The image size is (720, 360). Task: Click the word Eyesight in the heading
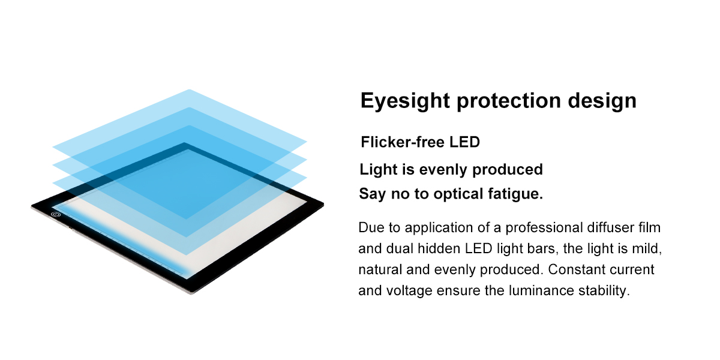point(405,101)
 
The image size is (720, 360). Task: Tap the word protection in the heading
point(509,101)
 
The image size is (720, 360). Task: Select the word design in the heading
point(602,101)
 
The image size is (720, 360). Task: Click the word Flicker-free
point(403,142)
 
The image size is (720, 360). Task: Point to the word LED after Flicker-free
point(465,142)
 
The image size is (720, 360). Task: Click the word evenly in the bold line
point(443,170)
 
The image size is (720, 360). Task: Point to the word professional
point(544,228)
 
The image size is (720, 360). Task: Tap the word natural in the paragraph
point(380,269)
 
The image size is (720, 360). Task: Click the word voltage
point(409,291)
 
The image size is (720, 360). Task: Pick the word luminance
point(541,290)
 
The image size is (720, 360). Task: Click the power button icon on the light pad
point(56,214)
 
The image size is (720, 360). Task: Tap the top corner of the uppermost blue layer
point(189,89)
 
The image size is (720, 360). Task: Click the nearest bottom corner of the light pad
point(191,293)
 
